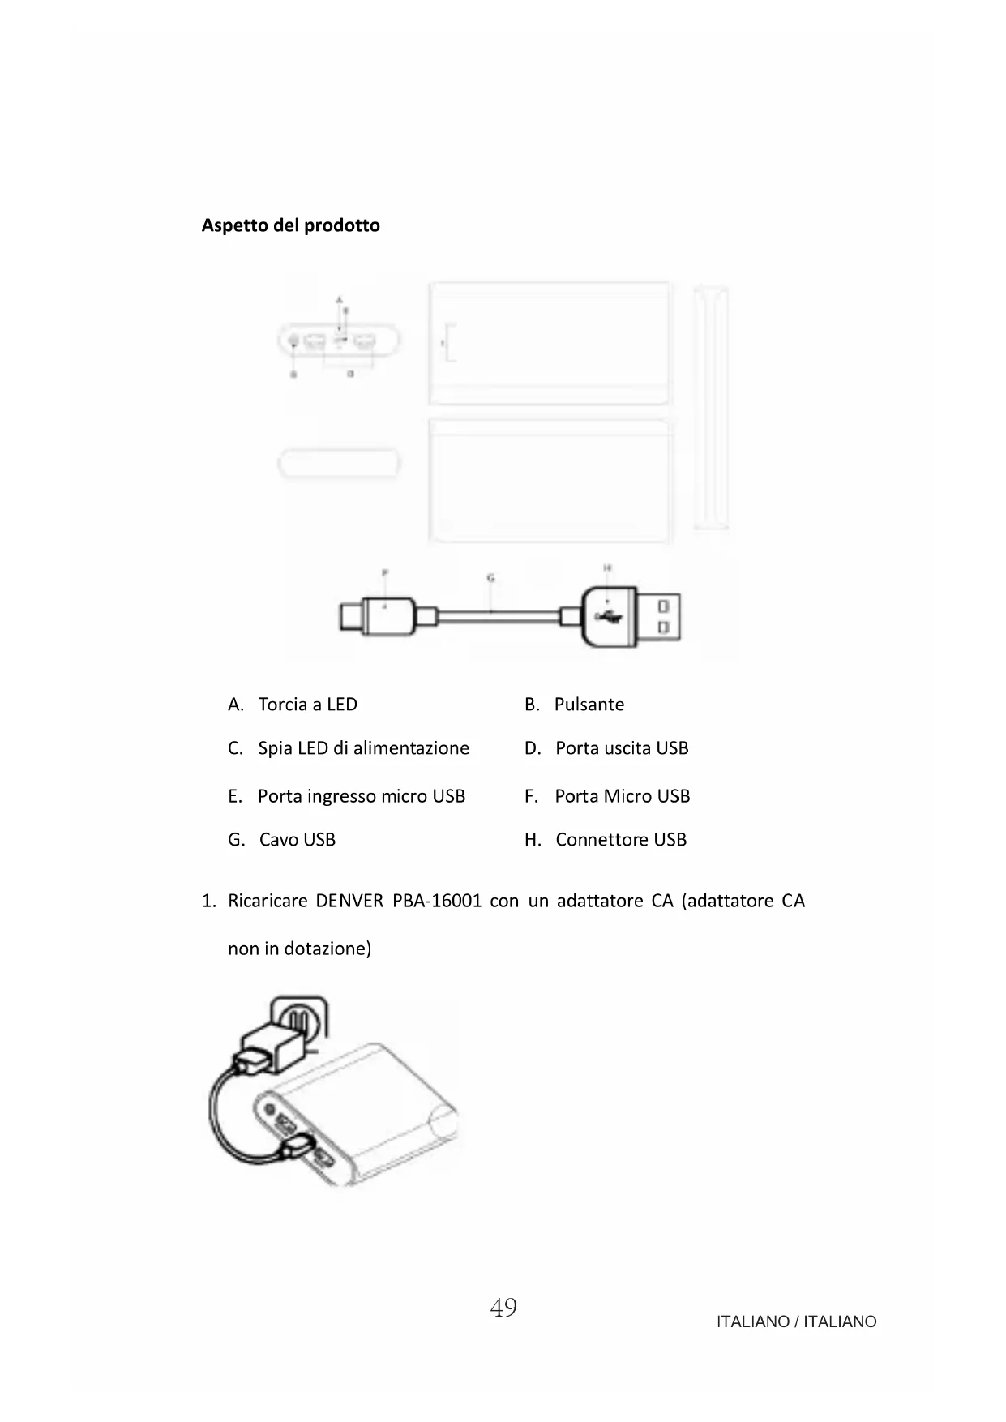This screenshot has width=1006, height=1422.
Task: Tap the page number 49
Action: pyautogui.click(x=503, y=1308)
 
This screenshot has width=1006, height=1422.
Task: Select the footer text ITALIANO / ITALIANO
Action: pyautogui.click(x=796, y=1321)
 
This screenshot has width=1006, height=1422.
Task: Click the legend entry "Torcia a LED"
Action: pyautogui.click(x=307, y=705)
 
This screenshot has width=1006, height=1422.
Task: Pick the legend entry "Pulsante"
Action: pyautogui.click(x=589, y=705)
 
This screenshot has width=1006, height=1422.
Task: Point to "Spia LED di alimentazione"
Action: pyautogui.click(x=363, y=748)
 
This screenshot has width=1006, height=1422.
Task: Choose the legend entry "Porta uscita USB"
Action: pyautogui.click(x=621, y=748)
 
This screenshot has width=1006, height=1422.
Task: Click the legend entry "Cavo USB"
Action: pyautogui.click(x=297, y=840)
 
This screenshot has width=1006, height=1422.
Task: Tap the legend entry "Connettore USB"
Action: pyautogui.click(x=620, y=840)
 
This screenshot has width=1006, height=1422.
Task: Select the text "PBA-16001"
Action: pyautogui.click(x=437, y=901)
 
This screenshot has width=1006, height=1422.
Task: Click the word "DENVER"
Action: pyautogui.click(x=349, y=901)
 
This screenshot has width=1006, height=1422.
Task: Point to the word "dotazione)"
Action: pyautogui.click(x=327, y=949)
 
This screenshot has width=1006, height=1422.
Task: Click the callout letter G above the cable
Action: pyautogui.click(x=490, y=578)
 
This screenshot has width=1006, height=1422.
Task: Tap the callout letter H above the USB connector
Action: pyautogui.click(x=607, y=568)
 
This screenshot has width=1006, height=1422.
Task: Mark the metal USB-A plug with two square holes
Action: pyautogui.click(x=659, y=617)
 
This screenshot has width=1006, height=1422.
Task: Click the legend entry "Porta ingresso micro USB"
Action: pyautogui.click(x=361, y=796)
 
